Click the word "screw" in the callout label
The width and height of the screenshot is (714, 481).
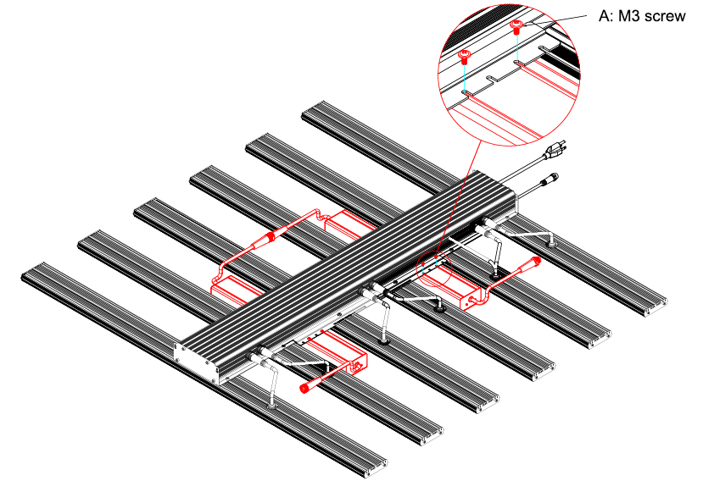pyautogui.click(x=663, y=16)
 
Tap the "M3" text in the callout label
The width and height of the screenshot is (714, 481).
pyautogui.click(x=628, y=16)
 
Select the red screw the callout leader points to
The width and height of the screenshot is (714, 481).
pyautogui.click(x=516, y=27)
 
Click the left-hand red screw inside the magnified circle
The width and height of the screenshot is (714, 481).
pyautogui.click(x=464, y=57)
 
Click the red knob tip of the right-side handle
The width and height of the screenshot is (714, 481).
pyautogui.click(x=535, y=261)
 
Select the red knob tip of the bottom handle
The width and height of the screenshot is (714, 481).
pyautogui.click(x=304, y=387)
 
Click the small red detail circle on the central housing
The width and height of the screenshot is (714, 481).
pyautogui.click(x=434, y=269)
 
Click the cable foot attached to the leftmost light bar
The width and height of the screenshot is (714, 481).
pyautogui.click(x=273, y=405)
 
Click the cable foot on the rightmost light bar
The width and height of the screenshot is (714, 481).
pyautogui.click(x=551, y=245)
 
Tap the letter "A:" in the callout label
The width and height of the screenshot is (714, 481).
pyautogui.click(x=605, y=16)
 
